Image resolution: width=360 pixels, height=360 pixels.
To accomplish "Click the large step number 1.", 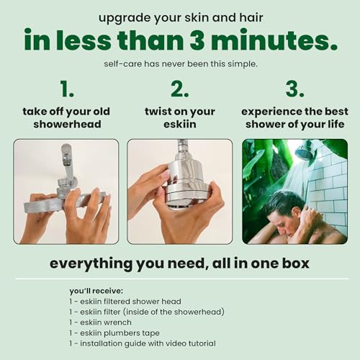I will pos(66,89).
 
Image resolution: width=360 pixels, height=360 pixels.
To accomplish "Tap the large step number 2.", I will pos(179,89).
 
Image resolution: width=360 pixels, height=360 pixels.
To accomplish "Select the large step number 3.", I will pos(294,89).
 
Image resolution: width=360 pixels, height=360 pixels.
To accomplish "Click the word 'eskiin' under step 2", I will pos(180,125).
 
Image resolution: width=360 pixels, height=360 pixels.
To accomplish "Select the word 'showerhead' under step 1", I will pos(66,125).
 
